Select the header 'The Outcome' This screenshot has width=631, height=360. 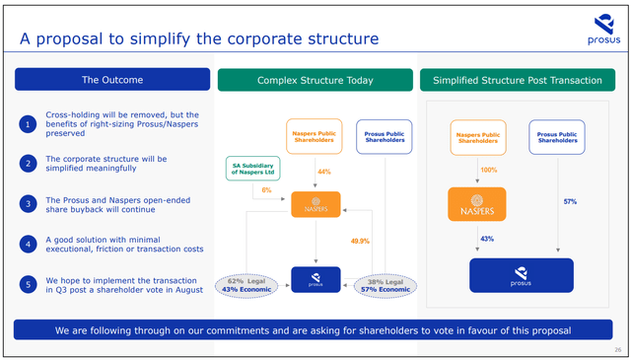coord(111,79)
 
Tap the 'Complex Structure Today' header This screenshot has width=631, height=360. coord(315,79)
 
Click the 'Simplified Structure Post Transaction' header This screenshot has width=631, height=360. coord(519,79)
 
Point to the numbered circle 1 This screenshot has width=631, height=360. coord(28,124)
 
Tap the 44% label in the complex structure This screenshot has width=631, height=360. coord(321,172)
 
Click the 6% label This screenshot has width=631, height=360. coord(265,190)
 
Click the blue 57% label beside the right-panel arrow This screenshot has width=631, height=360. coord(570,201)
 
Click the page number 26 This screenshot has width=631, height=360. coord(616,350)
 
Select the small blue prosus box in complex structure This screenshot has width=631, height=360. coord(315,280)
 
